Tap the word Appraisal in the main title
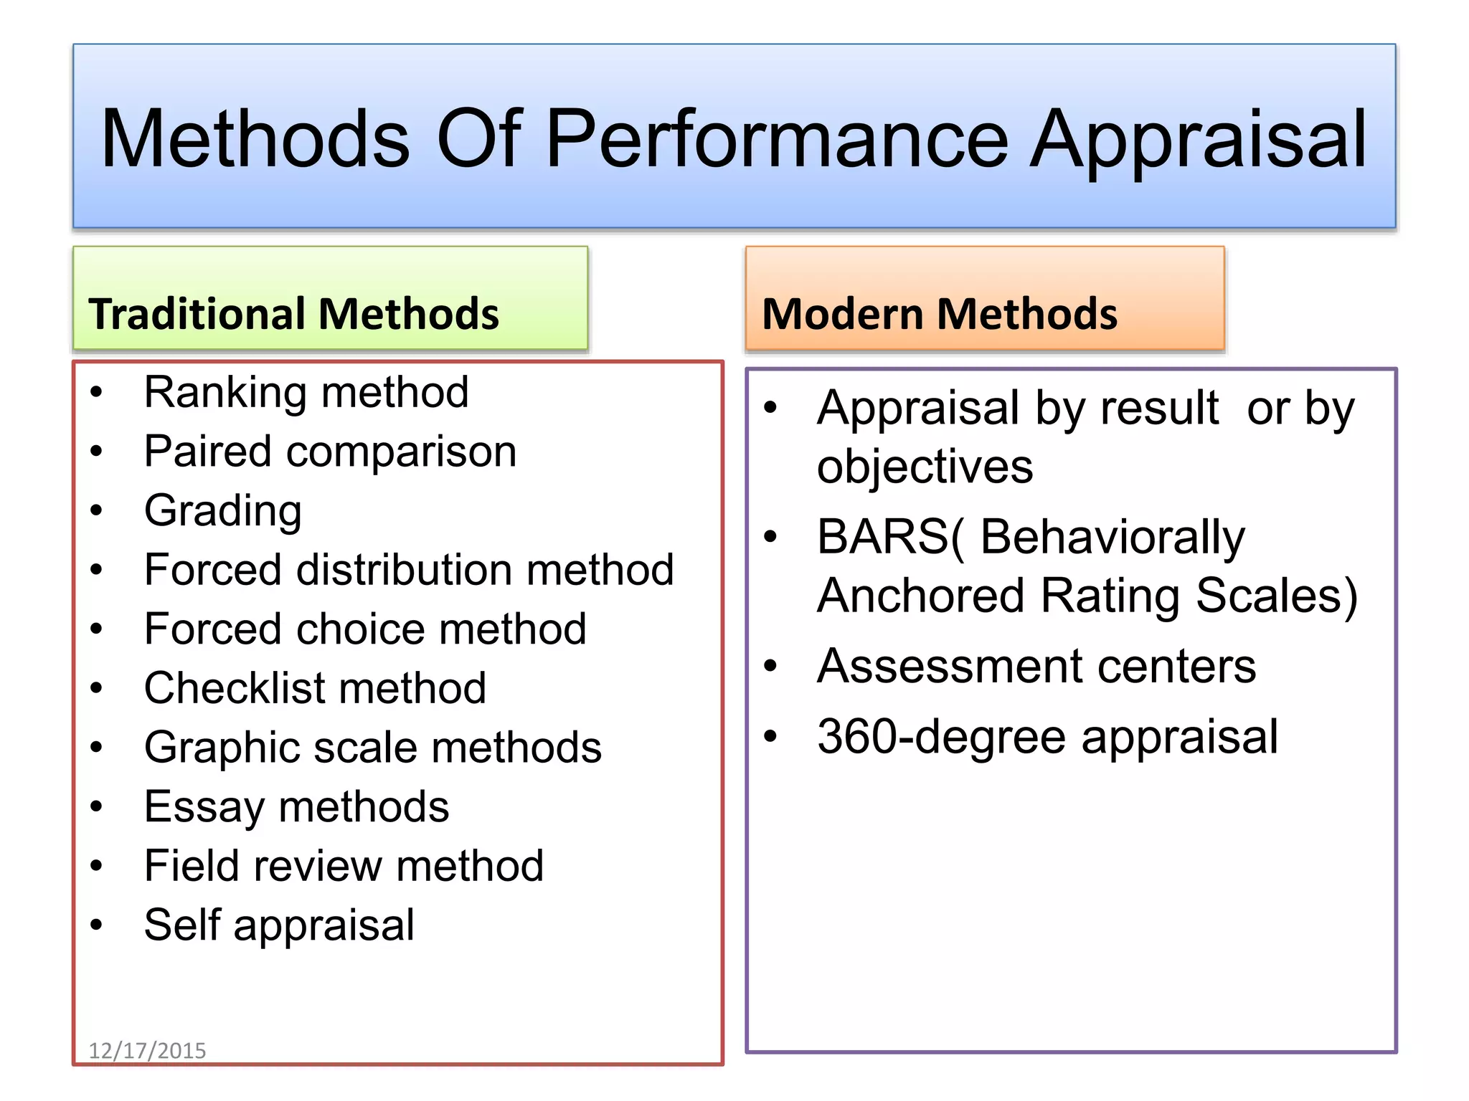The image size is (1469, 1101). pos(1199,140)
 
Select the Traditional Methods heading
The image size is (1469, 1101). pos(293,314)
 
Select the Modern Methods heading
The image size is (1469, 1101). pos(939,314)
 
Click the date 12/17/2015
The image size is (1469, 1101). pos(147,1051)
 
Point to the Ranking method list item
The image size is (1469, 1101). pos(306,393)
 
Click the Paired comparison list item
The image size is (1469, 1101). pos(330,452)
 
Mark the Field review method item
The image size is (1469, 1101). pos(344,866)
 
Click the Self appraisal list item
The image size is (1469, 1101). pos(279,925)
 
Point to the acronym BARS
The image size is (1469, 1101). pos(882,537)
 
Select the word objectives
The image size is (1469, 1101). pos(925,467)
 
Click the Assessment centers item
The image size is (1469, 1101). pos(1036,667)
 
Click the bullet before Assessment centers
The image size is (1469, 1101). pos(770,666)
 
